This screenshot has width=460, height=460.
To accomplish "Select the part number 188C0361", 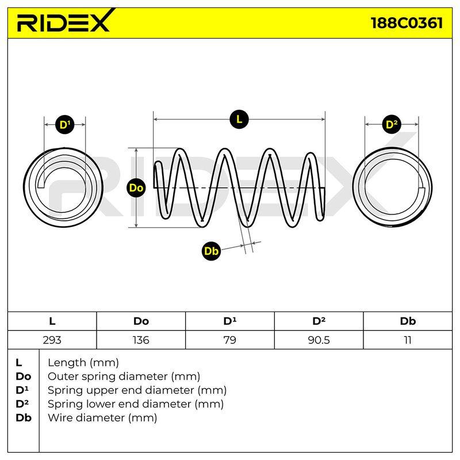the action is pyautogui.click(x=407, y=23).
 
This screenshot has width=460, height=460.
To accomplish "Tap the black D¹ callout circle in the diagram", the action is pyautogui.click(x=65, y=125).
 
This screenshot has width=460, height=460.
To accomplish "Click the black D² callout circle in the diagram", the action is pyautogui.click(x=392, y=124).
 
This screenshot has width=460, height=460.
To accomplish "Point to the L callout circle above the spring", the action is pyautogui.click(x=239, y=120).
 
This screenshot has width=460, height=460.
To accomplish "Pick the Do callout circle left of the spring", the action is pyautogui.click(x=136, y=188).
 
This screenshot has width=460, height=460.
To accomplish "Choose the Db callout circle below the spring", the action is pyautogui.click(x=211, y=251).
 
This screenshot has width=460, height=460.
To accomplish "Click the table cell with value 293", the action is pyautogui.click(x=52, y=340).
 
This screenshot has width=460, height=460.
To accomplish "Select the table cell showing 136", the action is pyautogui.click(x=141, y=340).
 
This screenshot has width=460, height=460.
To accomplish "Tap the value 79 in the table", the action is pyautogui.click(x=229, y=340).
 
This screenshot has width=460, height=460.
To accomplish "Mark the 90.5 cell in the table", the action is pyautogui.click(x=319, y=340).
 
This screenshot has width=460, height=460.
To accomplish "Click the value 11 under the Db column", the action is pyautogui.click(x=408, y=340).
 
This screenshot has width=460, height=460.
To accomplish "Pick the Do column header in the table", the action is pyautogui.click(x=141, y=321).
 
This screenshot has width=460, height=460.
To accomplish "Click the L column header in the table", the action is pyautogui.click(x=52, y=321).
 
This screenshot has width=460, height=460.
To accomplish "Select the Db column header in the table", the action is pyautogui.click(x=408, y=321).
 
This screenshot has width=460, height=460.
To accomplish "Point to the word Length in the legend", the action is pyautogui.click(x=67, y=363).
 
